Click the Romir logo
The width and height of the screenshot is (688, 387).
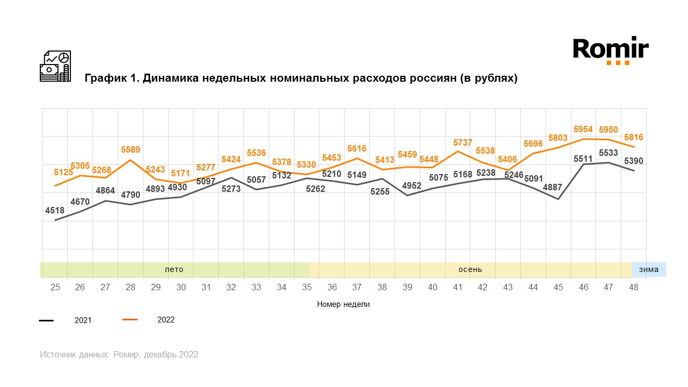click(610, 50)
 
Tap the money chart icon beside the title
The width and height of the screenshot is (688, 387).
click(55, 66)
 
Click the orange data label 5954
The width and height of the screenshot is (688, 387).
click(583, 130)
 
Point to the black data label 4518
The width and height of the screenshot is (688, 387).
click(55, 211)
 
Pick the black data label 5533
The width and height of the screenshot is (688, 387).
click(608, 153)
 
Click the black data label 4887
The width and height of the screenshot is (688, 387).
click(558, 188)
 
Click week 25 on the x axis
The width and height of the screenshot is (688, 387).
click(55, 288)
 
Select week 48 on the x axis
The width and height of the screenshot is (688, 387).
click(634, 288)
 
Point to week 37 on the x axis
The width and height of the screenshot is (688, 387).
click(357, 288)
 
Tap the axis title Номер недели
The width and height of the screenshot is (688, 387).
click(343, 304)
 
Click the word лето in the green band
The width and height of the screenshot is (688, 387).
click(174, 269)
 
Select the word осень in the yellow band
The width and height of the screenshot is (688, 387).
click(470, 269)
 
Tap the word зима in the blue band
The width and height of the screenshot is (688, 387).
click(649, 269)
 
